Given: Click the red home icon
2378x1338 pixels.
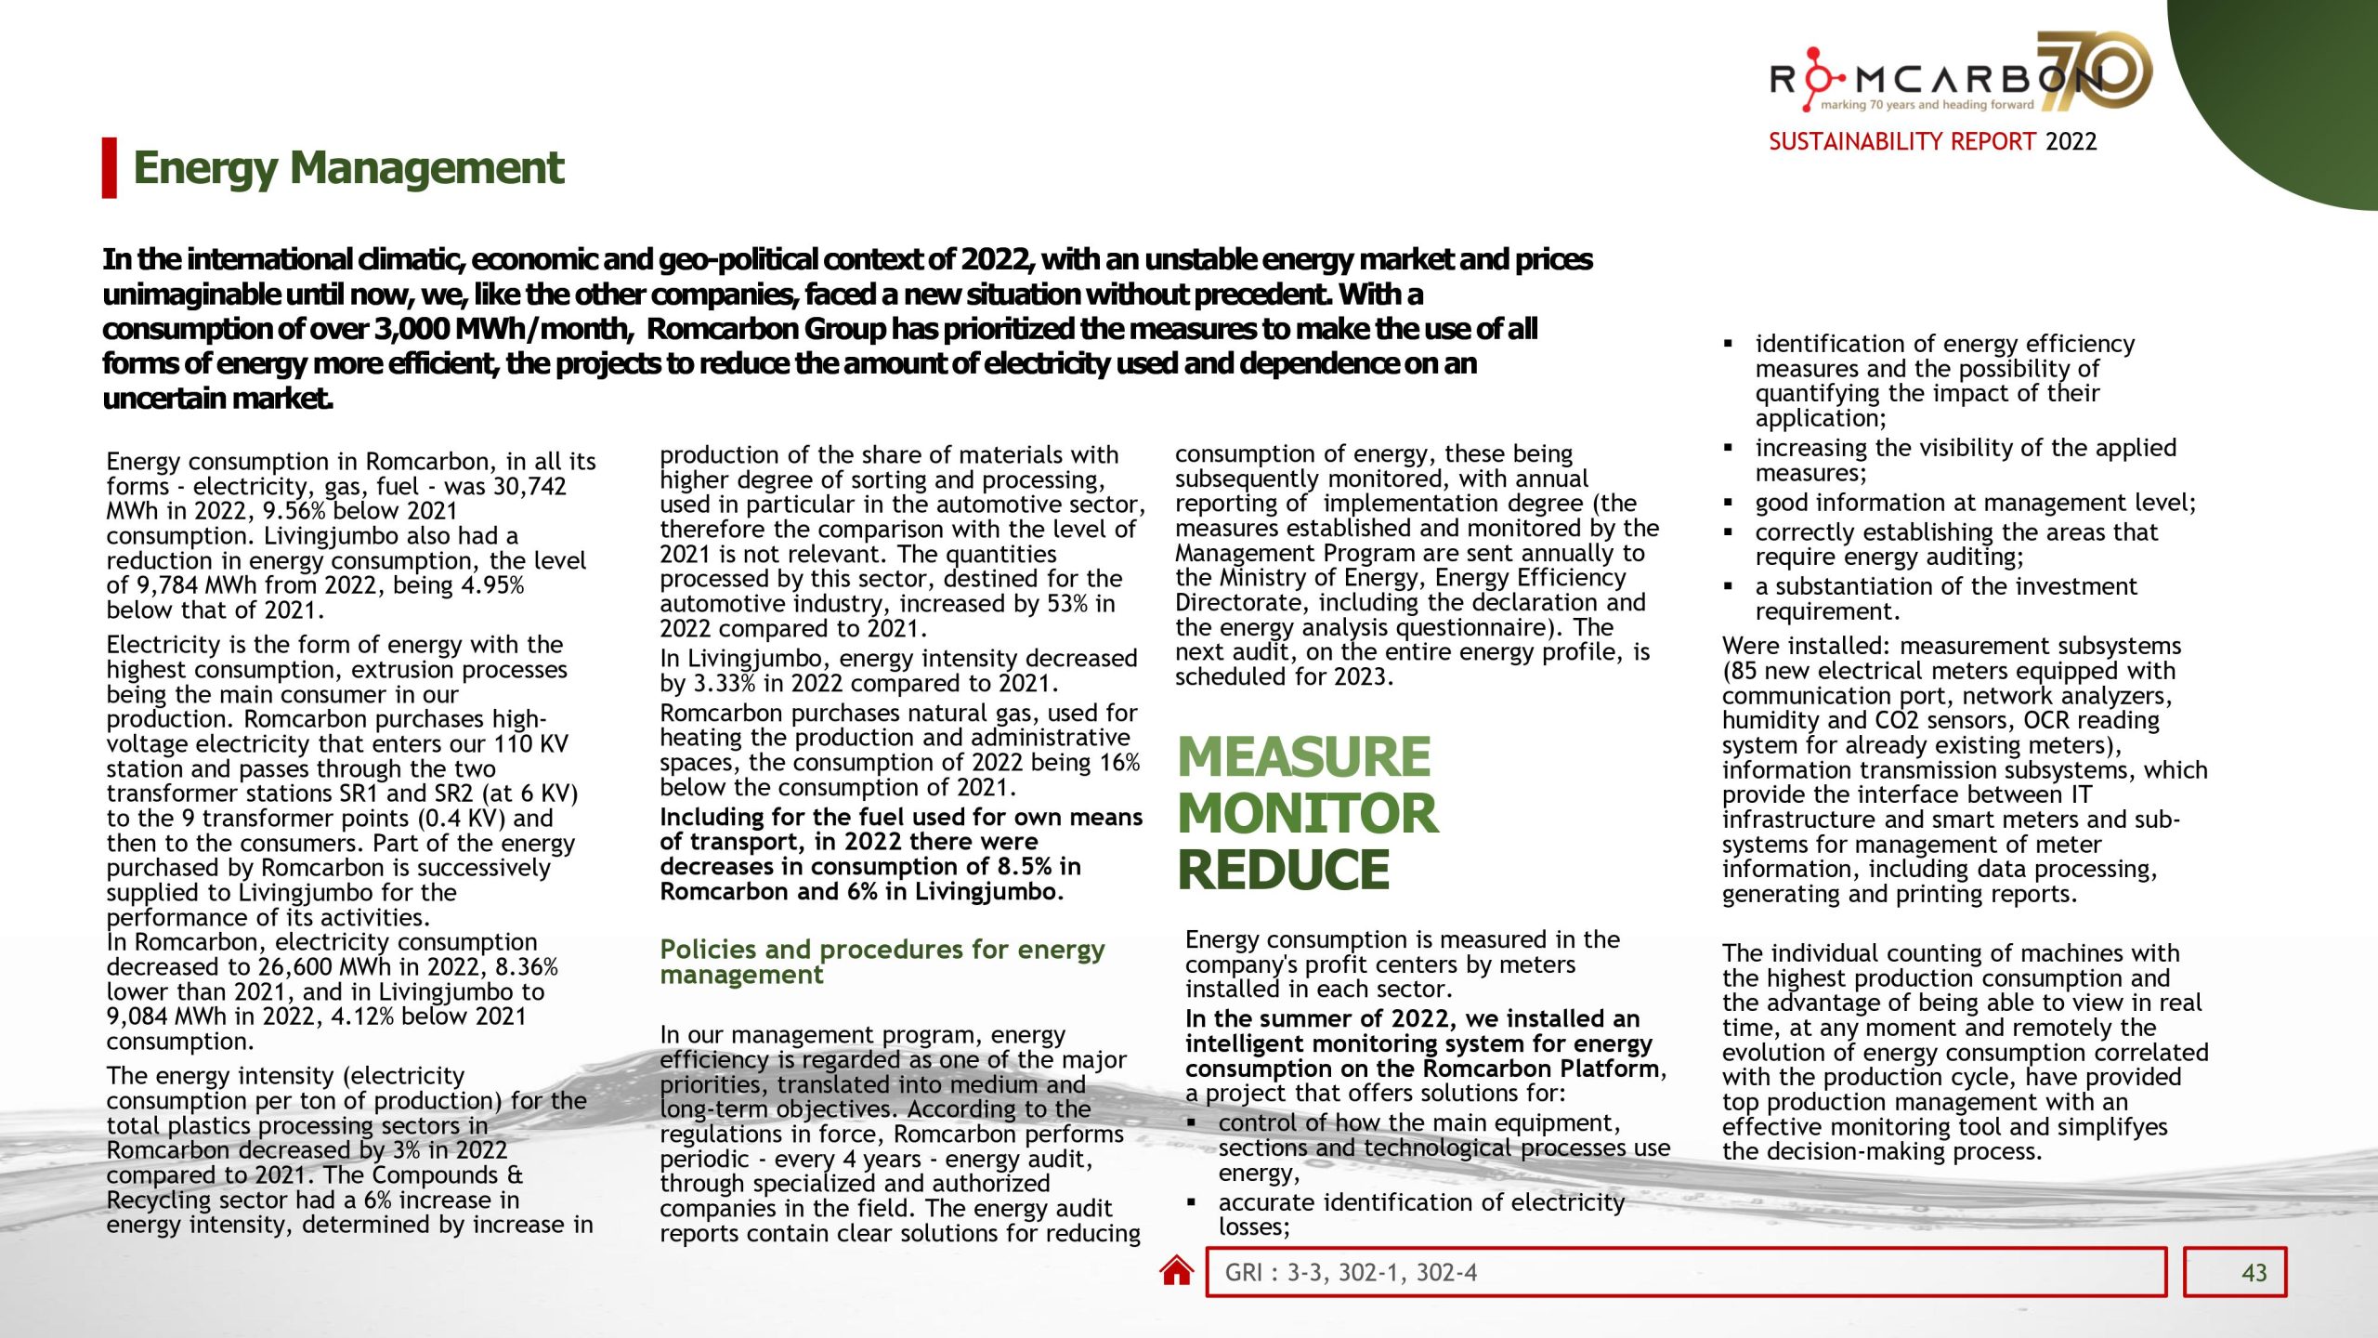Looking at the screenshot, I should (1176, 1271).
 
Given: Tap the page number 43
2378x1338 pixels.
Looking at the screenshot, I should (2254, 1273).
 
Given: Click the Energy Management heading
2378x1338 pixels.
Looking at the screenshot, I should (348, 168).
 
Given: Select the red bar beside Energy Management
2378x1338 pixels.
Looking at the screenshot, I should (110, 168).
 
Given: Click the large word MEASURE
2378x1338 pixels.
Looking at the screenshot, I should (1303, 756).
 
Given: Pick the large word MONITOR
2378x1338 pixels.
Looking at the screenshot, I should (1307, 813).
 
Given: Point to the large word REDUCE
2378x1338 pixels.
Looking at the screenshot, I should (1283, 870).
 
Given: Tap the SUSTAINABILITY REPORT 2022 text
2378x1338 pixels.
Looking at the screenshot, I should (1932, 141).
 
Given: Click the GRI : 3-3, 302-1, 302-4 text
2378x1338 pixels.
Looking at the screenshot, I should (1351, 1273).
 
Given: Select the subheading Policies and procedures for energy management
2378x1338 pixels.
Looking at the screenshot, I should (882, 962).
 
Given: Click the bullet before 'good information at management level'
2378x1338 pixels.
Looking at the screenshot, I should (1728, 504).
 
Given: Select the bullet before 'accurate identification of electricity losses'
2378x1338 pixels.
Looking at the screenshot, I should (1192, 1202).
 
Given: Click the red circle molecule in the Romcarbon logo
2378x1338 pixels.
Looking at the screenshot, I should (1814, 78).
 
